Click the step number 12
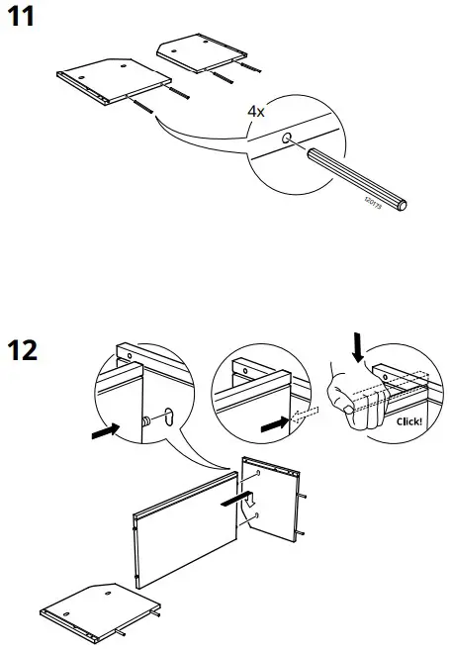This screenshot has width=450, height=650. pyautogui.click(x=26, y=350)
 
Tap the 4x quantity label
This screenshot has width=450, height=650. pyautogui.click(x=256, y=112)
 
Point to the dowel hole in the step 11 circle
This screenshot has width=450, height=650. pyautogui.click(x=287, y=140)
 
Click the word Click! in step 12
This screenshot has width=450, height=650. pyautogui.click(x=407, y=420)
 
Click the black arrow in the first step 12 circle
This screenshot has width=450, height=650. pyautogui.click(x=104, y=431)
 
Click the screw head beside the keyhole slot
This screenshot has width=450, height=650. pyautogui.click(x=149, y=419)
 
